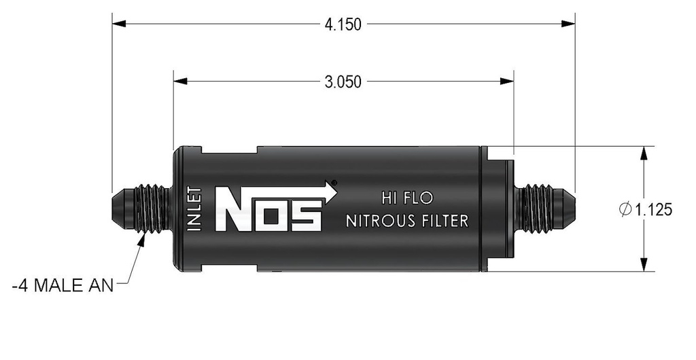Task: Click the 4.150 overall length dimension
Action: pyautogui.click(x=343, y=24)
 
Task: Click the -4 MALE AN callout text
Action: pyautogui.click(x=63, y=286)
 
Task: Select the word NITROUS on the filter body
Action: pyautogui.click(x=383, y=221)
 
